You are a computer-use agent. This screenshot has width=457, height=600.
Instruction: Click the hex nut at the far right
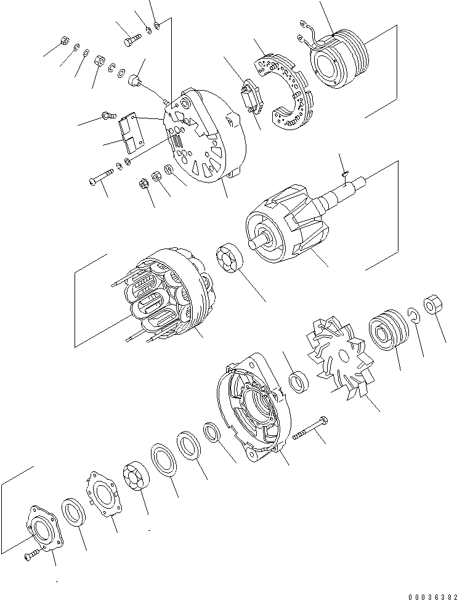click(x=433, y=306)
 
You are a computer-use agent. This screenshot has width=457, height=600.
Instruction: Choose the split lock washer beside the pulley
click(x=414, y=316)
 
